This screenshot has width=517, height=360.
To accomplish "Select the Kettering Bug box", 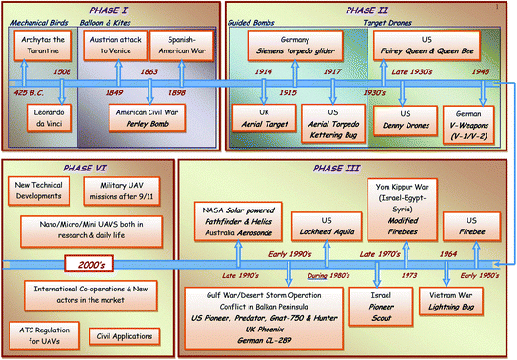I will point(327,120).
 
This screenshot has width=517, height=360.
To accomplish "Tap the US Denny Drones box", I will point(405,120).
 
